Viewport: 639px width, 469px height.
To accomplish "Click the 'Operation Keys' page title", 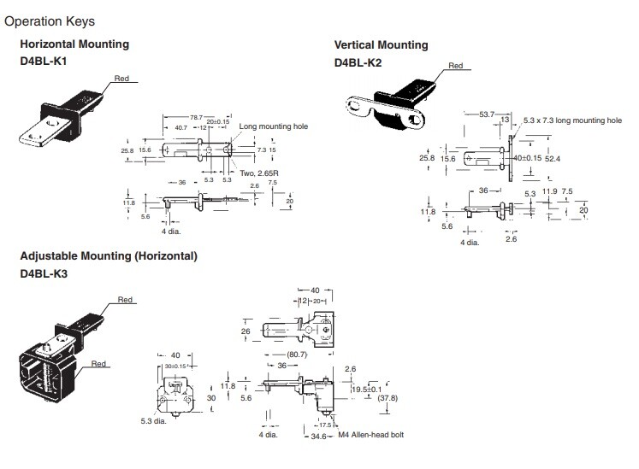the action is [x=50, y=21].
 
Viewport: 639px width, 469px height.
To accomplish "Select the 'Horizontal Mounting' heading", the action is [x=74, y=44].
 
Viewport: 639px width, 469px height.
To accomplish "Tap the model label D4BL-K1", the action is [x=43, y=62].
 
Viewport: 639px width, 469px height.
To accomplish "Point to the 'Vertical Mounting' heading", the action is [x=381, y=44].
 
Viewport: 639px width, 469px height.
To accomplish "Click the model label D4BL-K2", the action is [x=358, y=62].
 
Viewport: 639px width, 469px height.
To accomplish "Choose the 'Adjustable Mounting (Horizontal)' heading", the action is [x=109, y=256].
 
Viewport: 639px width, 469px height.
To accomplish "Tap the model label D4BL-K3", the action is [x=44, y=273].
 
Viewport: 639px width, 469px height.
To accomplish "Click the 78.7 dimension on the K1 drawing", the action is [x=196, y=117].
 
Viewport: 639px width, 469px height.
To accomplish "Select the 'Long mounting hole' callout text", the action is [x=274, y=126].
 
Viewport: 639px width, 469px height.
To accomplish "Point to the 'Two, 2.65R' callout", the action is [x=259, y=173].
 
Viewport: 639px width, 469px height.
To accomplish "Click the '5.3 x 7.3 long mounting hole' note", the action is [x=572, y=120].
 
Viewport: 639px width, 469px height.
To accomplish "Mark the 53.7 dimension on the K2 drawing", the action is [x=487, y=114].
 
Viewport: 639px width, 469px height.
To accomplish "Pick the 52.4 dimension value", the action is [x=553, y=158].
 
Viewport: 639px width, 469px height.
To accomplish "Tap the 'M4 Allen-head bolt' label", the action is [x=371, y=435].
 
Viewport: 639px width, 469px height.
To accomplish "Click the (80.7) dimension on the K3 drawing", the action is [x=297, y=355].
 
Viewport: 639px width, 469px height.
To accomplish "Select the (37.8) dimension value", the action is [x=388, y=398].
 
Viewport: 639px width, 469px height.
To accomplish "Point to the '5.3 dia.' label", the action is [x=154, y=421].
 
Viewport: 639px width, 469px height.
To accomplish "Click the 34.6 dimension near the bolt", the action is [x=319, y=437].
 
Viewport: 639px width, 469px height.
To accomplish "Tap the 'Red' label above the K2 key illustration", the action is [x=456, y=66].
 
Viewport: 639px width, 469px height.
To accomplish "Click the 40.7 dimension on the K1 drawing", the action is [x=181, y=128].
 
